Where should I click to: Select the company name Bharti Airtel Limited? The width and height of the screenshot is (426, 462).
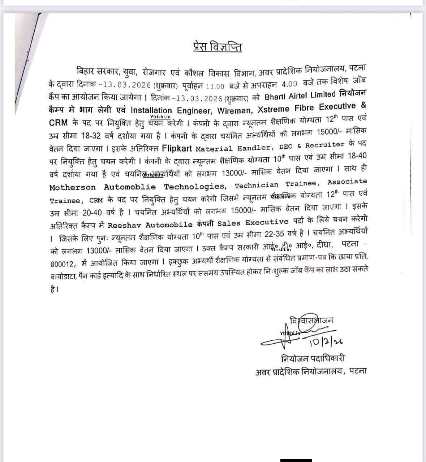point(300,96)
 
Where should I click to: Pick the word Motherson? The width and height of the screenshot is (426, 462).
point(73,187)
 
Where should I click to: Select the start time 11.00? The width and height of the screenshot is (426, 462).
point(215,86)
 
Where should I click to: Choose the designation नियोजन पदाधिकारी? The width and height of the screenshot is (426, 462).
point(313,358)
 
